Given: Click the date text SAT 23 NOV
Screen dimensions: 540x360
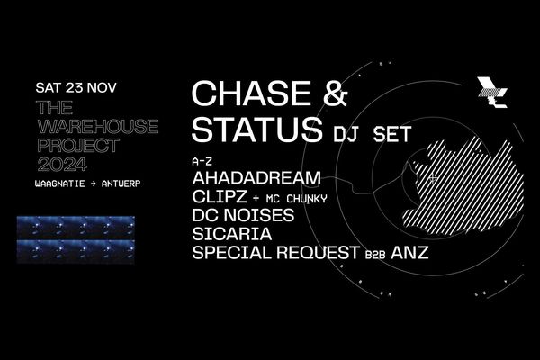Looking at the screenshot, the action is pyautogui.click(x=76, y=87).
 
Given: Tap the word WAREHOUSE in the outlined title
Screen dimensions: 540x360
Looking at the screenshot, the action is pyautogui.click(x=98, y=126).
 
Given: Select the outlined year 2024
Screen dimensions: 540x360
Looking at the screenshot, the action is pyautogui.click(x=62, y=165).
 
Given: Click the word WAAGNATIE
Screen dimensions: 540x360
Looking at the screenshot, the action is pyautogui.click(x=60, y=184).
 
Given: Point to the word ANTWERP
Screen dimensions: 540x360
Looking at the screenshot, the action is pyautogui.click(x=121, y=184).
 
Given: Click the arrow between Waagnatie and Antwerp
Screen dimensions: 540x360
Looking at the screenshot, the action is pyautogui.click(x=93, y=184).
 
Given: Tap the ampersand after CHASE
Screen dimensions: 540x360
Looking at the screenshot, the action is pyautogui.click(x=335, y=93).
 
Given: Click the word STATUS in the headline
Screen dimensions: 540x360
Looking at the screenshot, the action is pyautogui.click(x=256, y=130).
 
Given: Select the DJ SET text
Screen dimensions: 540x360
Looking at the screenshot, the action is pyautogui.click(x=372, y=134).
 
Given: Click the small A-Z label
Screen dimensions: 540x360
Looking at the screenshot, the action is pyautogui.click(x=202, y=161).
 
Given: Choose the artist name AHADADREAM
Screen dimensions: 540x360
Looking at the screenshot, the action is pyautogui.click(x=256, y=178).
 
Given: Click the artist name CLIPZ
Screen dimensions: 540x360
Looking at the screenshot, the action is pyautogui.click(x=220, y=197).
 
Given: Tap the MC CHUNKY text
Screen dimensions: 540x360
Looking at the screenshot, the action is pyautogui.click(x=296, y=199).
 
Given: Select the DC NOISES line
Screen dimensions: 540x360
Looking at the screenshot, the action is pyautogui.click(x=244, y=215).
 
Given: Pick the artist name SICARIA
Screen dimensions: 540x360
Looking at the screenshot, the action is pyautogui.click(x=232, y=234).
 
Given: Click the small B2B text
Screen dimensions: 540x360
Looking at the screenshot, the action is pyautogui.click(x=375, y=256).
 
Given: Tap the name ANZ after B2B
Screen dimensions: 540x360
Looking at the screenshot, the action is pyautogui.click(x=409, y=253).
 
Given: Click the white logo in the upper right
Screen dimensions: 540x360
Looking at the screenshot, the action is pyautogui.click(x=492, y=93).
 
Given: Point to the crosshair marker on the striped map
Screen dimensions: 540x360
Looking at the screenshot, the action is pyautogui.click(x=433, y=178).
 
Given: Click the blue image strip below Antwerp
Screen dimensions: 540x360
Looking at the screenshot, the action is pyautogui.click(x=76, y=239).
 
